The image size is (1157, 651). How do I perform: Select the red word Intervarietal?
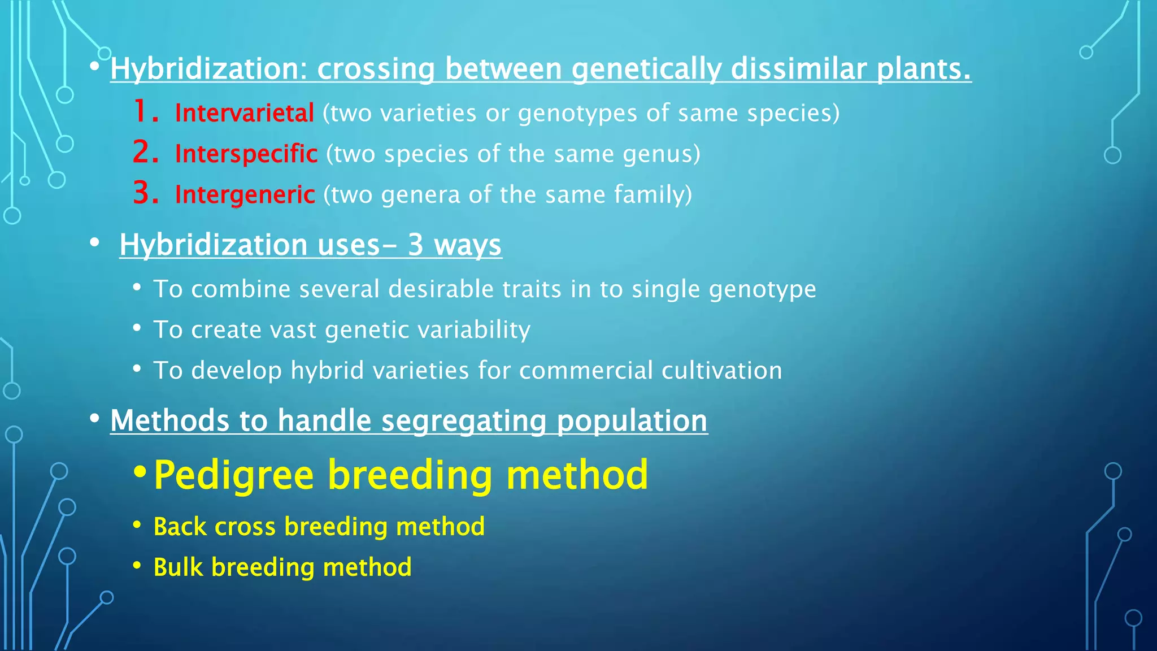pyautogui.click(x=244, y=113)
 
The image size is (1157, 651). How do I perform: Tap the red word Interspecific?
pyautogui.click(x=246, y=154)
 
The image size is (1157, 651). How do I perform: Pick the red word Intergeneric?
pyautogui.click(x=245, y=194)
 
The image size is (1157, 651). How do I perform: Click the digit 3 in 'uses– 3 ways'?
pyautogui.click(x=415, y=245)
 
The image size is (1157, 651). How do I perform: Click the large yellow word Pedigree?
pyautogui.click(x=233, y=475)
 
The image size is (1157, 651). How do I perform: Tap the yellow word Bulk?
pyautogui.click(x=177, y=567)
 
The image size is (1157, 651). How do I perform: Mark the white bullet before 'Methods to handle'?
pyautogui.click(x=94, y=419)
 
